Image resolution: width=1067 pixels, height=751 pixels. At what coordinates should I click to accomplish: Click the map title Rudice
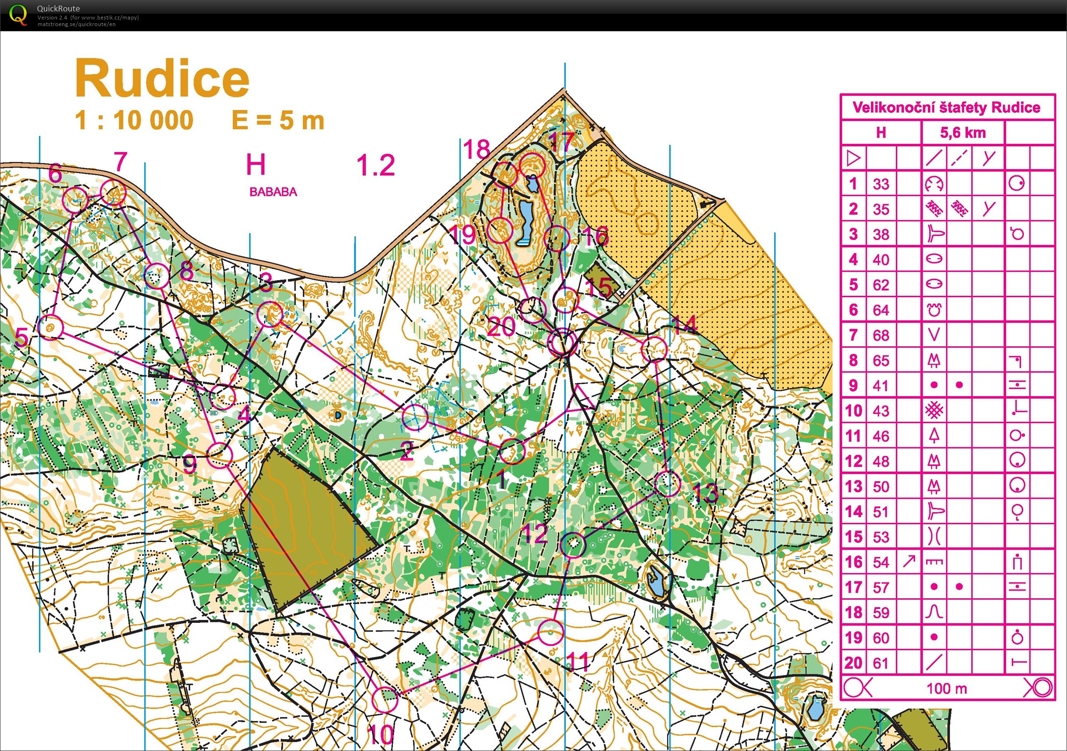pyautogui.click(x=162, y=79)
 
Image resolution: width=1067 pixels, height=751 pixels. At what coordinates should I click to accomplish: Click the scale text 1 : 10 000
pyautogui.click(x=134, y=120)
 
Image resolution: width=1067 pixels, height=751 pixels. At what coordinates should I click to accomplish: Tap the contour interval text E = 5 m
pyautogui.click(x=278, y=120)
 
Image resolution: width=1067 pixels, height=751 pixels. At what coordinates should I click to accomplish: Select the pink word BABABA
pyautogui.click(x=273, y=192)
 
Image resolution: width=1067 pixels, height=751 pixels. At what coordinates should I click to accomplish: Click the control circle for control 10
pyautogui.click(x=384, y=699)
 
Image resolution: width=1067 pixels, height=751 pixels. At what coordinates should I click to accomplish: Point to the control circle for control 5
pyautogui.click(x=51, y=328)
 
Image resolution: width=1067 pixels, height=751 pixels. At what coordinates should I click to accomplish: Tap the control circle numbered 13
pyautogui.click(x=667, y=484)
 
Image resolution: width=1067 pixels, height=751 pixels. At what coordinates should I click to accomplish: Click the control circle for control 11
pyautogui.click(x=550, y=632)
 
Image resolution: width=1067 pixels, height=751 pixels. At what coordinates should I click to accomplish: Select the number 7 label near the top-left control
pyautogui.click(x=121, y=162)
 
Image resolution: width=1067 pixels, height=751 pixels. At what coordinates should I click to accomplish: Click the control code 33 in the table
pyautogui.click(x=881, y=184)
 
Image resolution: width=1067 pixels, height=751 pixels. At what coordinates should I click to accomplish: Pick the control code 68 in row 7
pyautogui.click(x=881, y=335)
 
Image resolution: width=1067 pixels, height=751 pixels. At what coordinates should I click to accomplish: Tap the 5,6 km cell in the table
pyautogui.click(x=963, y=132)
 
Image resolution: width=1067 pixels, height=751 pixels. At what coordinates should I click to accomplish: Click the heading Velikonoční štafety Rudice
pyautogui.click(x=946, y=107)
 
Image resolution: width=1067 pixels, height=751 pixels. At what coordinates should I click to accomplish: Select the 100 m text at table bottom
pyautogui.click(x=946, y=688)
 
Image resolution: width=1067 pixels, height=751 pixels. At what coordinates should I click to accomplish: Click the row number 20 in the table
pyautogui.click(x=853, y=663)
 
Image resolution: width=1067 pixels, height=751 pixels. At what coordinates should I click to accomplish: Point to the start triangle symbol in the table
pyautogui.click(x=853, y=158)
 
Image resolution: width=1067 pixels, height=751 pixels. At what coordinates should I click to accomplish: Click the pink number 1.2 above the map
pyautogui.click(x=375, y=165)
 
